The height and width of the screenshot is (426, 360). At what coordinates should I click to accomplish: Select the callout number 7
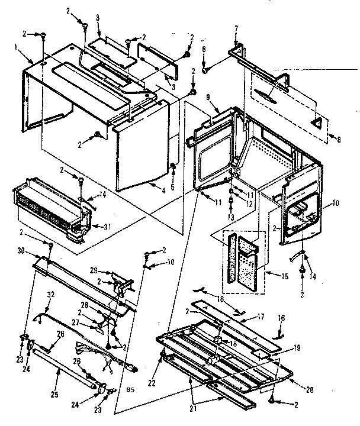coord(236,28)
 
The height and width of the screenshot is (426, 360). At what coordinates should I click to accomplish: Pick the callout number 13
coord(231,217)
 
